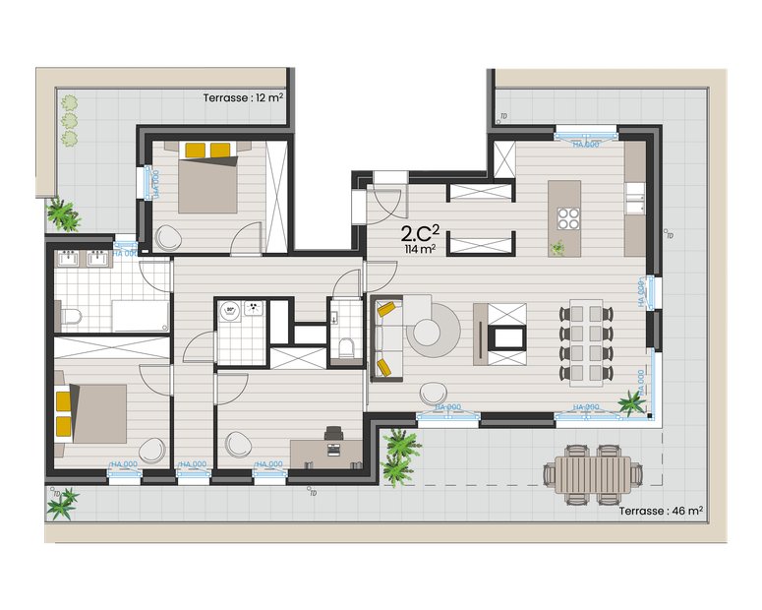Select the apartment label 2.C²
[x=421, y=234]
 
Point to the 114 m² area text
[x=420, y=250]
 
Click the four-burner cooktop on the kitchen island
[x=567, y=216]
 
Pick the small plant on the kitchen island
[x=558, y=248]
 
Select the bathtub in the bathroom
[x=140, y=316]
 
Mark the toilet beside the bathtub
[x=71, y=315]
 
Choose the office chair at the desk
[x=332, y=434]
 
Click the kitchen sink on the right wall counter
[x=633, y=198]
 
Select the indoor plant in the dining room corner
[x=630, y=401]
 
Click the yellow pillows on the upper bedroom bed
[x=207, y=150]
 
